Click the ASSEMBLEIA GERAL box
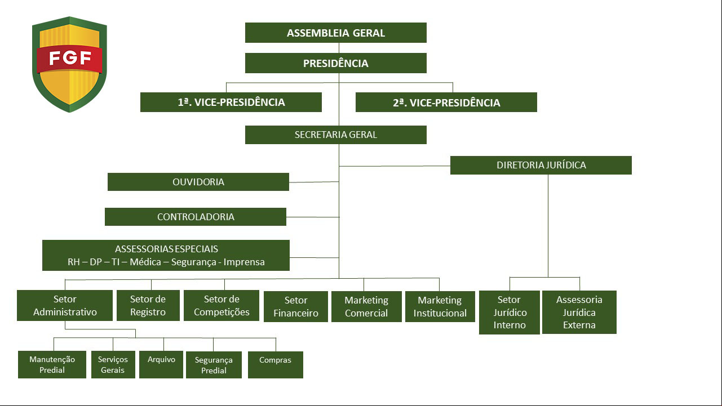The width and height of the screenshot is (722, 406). click(335, 33)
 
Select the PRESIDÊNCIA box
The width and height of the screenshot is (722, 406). click(335, 63)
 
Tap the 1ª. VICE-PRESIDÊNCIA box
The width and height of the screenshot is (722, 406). click(231, 102)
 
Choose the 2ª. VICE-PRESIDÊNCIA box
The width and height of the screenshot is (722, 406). click(446, 102)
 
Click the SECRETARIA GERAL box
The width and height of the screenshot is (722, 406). click(335, 135)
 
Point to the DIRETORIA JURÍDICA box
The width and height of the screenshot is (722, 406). click(541, 165)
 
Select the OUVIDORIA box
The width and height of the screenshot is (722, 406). click(198, 182)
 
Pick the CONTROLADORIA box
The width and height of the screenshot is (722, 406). click(196, 217)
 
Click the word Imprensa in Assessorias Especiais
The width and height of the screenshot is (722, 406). click(244, 262)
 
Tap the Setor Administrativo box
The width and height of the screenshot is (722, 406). click(65, 305)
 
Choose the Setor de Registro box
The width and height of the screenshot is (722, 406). click(148, 305)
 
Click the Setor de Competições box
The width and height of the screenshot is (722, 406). click(222, 305)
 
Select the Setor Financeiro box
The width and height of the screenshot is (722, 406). click(295, 306)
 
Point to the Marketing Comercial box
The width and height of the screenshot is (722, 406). click(366, 306)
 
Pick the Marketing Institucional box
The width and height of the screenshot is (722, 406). click(440, 306)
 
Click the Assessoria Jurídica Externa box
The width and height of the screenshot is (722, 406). click(579, 313)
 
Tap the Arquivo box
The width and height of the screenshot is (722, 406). click(161, 364)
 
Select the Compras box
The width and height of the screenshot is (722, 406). click(275, 365)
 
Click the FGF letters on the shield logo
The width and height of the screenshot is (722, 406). click(70, 58)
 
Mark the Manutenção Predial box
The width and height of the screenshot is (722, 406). click(52, 364)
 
